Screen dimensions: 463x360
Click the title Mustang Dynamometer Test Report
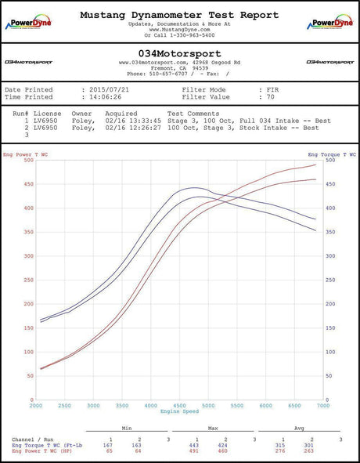pos(179,15)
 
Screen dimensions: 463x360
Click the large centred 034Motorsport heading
pos(179,52)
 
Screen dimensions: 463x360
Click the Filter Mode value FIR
pos(262,90)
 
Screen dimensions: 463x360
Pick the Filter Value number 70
pos(261,97)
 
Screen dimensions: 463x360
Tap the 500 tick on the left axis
pos(29,161)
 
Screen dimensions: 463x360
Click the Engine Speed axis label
pos(179,412)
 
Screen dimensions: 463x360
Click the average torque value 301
pos(310,444)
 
